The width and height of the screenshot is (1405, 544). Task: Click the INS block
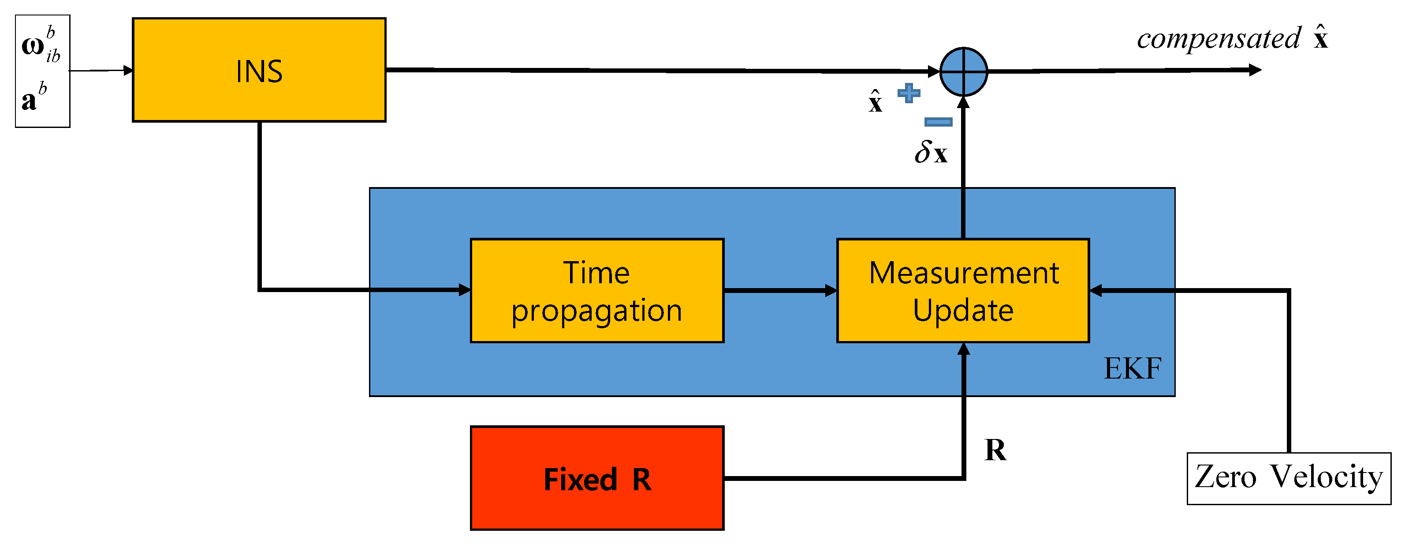259,70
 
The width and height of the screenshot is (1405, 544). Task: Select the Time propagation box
596,290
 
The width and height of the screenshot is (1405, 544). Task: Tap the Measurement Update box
963,290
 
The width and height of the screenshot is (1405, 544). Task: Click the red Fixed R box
596,478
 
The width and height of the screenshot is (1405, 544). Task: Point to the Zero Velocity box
1288,478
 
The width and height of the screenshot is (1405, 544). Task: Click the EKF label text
1132,368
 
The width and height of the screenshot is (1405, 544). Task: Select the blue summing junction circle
963,71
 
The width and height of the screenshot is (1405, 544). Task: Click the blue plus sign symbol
909,93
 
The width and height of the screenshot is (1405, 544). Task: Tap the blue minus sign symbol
938,122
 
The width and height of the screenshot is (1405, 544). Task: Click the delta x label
931,152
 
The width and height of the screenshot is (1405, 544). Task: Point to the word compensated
1219,39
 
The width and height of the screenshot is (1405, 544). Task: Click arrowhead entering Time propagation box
464,290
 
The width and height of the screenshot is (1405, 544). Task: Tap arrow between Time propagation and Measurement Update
780,290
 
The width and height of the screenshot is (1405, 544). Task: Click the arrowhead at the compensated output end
1255,70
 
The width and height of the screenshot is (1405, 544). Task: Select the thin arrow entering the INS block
101,71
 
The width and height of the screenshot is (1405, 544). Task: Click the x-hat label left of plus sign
875,101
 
